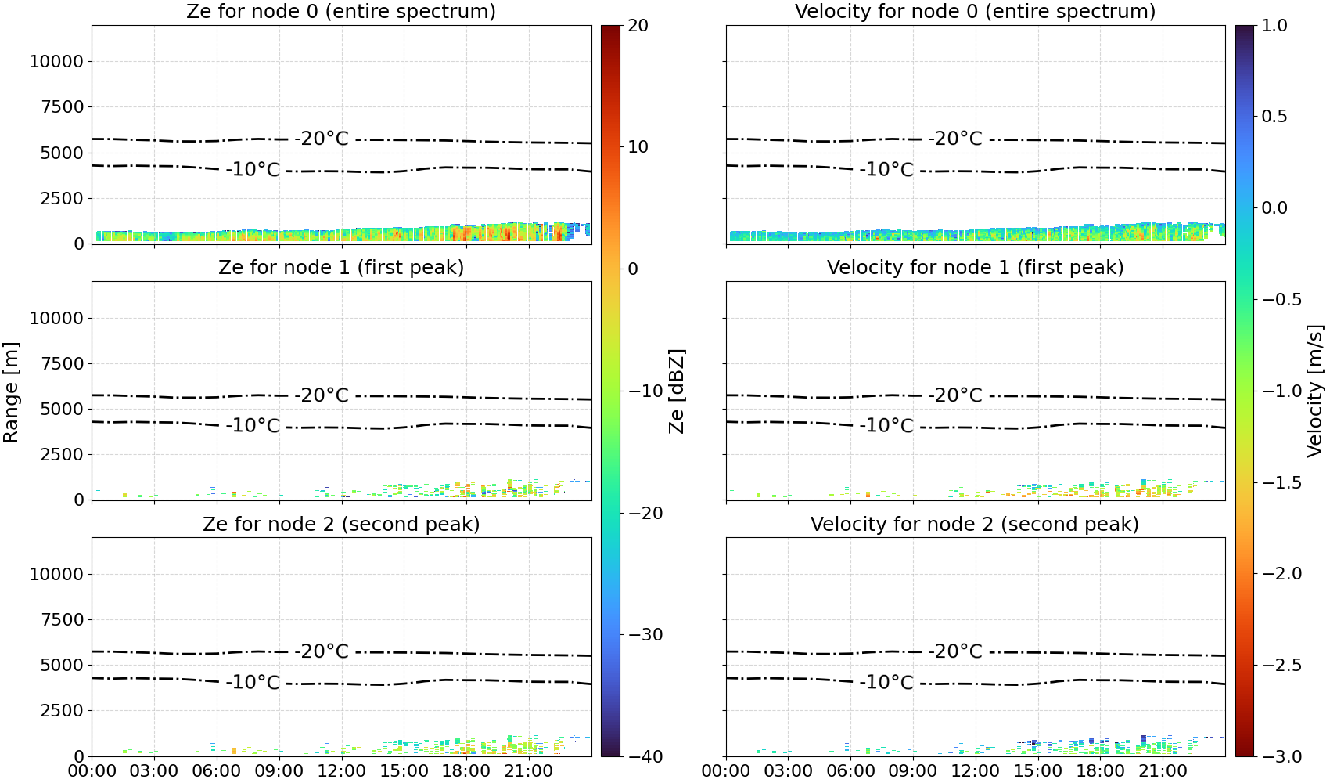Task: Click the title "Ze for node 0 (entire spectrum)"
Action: (x=341, y=11)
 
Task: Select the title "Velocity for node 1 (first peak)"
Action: (x=975, y=267)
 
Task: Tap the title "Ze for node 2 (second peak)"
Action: (x=341, y=524)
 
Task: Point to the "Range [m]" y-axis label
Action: (x=11, y=392)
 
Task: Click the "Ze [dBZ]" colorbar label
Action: (x=676, y=391)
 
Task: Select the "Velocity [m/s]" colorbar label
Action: (x=1315, y=391)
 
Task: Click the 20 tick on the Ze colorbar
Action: (x=638, y=26)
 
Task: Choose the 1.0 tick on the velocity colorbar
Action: (x=1274, y=26)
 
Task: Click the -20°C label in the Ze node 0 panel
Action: (x=322, y=139)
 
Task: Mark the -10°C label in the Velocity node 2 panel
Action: (x=886, y=682)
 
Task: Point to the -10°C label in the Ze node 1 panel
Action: (x=253, y=425)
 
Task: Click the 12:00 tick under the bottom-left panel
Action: (x=341, y=770)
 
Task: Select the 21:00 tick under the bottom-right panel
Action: (x=1163, y=770)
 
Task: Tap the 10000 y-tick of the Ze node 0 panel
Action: (x=56, y=61)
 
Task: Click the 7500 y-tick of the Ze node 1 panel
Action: (x=62, y=363)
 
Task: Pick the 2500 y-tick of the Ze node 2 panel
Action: (x=62, y=710)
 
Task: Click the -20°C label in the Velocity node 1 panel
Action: (x=955, y=395)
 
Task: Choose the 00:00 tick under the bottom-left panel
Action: (x=92, y=770)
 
